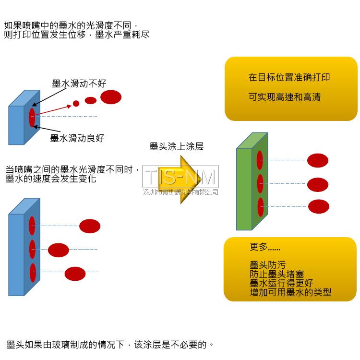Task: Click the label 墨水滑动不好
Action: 79,84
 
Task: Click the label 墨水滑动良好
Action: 77,138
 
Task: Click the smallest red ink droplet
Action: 76,103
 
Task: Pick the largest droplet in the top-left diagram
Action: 110,97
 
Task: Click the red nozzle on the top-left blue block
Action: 32,118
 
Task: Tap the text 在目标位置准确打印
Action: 289,78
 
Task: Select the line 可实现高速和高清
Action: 285,97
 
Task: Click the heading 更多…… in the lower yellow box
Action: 265,248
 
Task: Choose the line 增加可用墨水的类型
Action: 290,292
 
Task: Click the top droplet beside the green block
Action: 318,160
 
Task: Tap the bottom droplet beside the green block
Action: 319,206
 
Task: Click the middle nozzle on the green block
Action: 260,183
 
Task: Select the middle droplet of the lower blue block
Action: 59,250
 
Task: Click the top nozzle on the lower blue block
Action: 32,226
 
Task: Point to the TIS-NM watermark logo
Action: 180,177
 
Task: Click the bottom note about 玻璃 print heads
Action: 110,345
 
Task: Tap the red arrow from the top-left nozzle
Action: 53,110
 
